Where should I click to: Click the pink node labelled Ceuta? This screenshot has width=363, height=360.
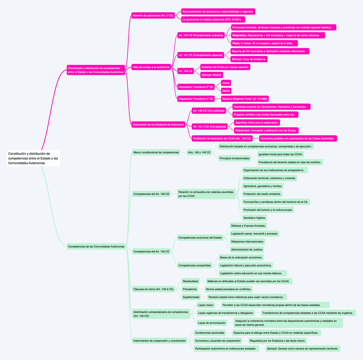226,83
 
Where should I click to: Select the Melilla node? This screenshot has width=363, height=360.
226,91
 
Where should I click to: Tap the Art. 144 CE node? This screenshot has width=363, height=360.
186,71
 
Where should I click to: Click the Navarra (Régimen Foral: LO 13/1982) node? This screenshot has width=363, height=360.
245,99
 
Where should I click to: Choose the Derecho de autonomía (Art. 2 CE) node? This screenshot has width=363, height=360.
153,15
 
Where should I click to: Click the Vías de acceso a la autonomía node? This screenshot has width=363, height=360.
151,67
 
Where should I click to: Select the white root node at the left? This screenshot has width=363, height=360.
33,158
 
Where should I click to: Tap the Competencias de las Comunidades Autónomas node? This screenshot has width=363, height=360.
96,247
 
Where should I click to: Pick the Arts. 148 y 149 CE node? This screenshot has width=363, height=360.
199,152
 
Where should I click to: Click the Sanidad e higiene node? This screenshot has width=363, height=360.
255,218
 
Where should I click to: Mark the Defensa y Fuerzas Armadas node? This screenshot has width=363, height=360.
249,226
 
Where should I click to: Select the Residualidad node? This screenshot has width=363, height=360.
190,281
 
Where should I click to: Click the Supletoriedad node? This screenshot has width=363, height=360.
191,297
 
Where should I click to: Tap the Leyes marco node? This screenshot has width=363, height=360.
206,305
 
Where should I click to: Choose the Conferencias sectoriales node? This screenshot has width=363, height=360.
209,333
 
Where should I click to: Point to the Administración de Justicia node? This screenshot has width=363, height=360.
247,249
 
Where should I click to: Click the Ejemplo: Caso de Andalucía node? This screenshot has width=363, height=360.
249,59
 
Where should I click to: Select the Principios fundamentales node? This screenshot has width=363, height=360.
234,158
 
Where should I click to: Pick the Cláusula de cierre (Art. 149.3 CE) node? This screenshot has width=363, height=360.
153,289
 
